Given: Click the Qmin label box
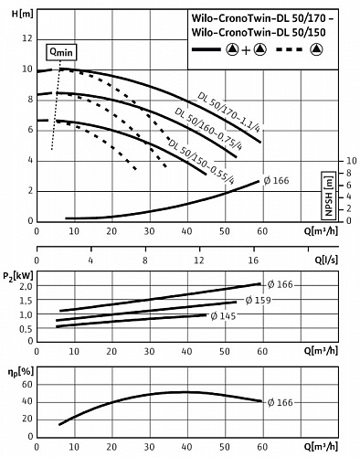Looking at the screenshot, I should click(61, 52).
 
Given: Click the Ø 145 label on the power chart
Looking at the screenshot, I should click(222, 315).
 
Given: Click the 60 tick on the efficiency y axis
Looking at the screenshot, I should click(26, 382).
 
